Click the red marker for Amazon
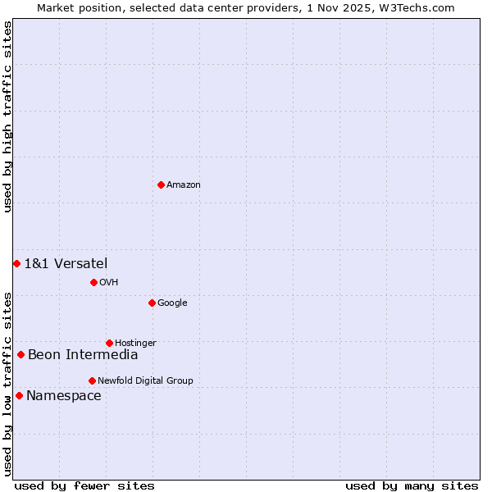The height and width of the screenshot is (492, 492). (x=161, y=184)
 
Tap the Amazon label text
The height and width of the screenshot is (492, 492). (x=184, y=185)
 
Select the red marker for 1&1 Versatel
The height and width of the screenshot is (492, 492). (x=16, y=263)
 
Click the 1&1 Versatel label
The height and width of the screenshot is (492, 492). (x=66, y=263)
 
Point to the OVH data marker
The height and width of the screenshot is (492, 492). (x=93, y=282)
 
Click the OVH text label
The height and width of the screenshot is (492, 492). (x=109, y=283)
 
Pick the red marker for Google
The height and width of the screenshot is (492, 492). (x=152, y=303)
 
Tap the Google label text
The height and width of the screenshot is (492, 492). (x=172, y=303)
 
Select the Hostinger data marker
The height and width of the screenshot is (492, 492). (x=109, y=343)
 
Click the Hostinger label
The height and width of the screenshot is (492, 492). (x=135, y=344)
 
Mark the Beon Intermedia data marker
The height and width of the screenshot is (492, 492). (x=20, y=354)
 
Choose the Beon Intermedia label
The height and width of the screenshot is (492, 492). (x=83, y=355)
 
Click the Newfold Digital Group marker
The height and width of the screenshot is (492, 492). (x=92, y=380)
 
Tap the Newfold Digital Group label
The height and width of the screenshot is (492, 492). (x=145, y=381)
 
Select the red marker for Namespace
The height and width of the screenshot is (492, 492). (x=19, y=395)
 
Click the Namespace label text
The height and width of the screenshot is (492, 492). (x=64, y=396)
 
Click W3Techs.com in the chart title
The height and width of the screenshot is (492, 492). (x=425, y=8)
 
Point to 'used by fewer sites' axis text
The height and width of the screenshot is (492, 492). (x=84, y=485)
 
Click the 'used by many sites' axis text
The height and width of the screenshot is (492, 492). (x=412, y=485)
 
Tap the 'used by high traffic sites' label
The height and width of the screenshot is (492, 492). (x=8, y=116)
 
